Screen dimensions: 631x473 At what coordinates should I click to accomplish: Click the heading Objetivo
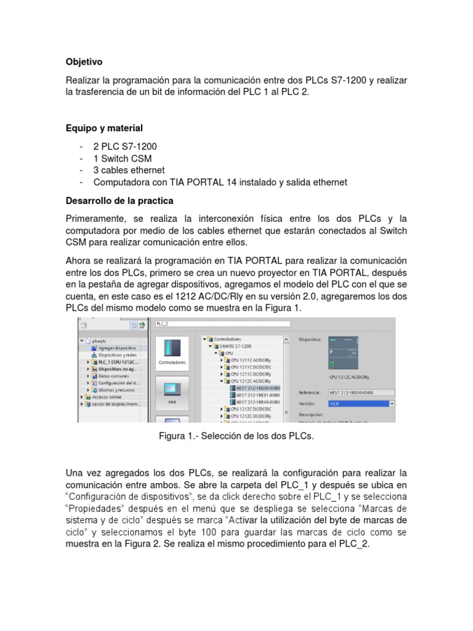coord(84,62)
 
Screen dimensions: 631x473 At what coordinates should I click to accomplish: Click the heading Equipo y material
coord(104,128)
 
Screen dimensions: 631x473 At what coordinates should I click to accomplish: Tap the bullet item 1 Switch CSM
coord(122,158)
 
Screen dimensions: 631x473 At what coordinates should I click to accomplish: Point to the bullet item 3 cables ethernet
coord(129,170)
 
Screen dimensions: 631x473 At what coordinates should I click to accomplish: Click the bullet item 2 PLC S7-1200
coord(125,147)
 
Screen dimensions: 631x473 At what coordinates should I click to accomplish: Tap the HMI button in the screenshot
coord(172,391)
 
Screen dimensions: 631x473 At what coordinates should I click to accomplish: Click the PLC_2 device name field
coord(222,323)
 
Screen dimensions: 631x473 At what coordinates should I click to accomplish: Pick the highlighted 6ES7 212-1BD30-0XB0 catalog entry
coord(254,388)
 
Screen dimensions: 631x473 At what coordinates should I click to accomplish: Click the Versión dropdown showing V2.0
coord(362,404)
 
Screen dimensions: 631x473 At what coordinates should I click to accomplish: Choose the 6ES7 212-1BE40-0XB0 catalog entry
coord(254,402)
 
